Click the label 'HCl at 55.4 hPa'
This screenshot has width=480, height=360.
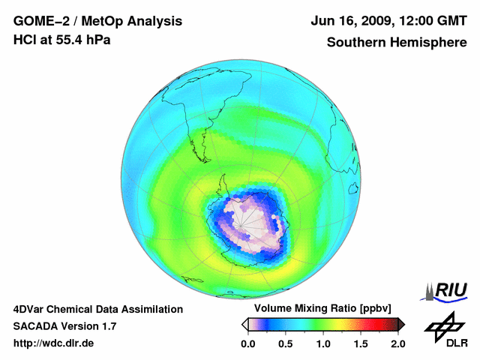[62, 40]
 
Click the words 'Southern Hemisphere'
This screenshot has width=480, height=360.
[397, 42]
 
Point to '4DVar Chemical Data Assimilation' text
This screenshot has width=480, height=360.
[98, 309]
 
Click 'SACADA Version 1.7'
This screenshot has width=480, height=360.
[64, 326]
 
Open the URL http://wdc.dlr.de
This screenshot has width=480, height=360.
[54, 343]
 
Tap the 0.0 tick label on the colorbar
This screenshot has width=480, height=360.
[248, 343]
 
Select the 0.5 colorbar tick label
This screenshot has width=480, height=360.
[286, 343]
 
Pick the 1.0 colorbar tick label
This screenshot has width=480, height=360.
[323, 343]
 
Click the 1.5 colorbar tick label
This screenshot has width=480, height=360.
[361, 343]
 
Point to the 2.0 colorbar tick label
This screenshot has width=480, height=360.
[397, 343]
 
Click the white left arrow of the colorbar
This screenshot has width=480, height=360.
[244, 324]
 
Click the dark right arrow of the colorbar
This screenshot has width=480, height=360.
[401, 324]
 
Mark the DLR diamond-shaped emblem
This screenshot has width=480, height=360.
[444, 323]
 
